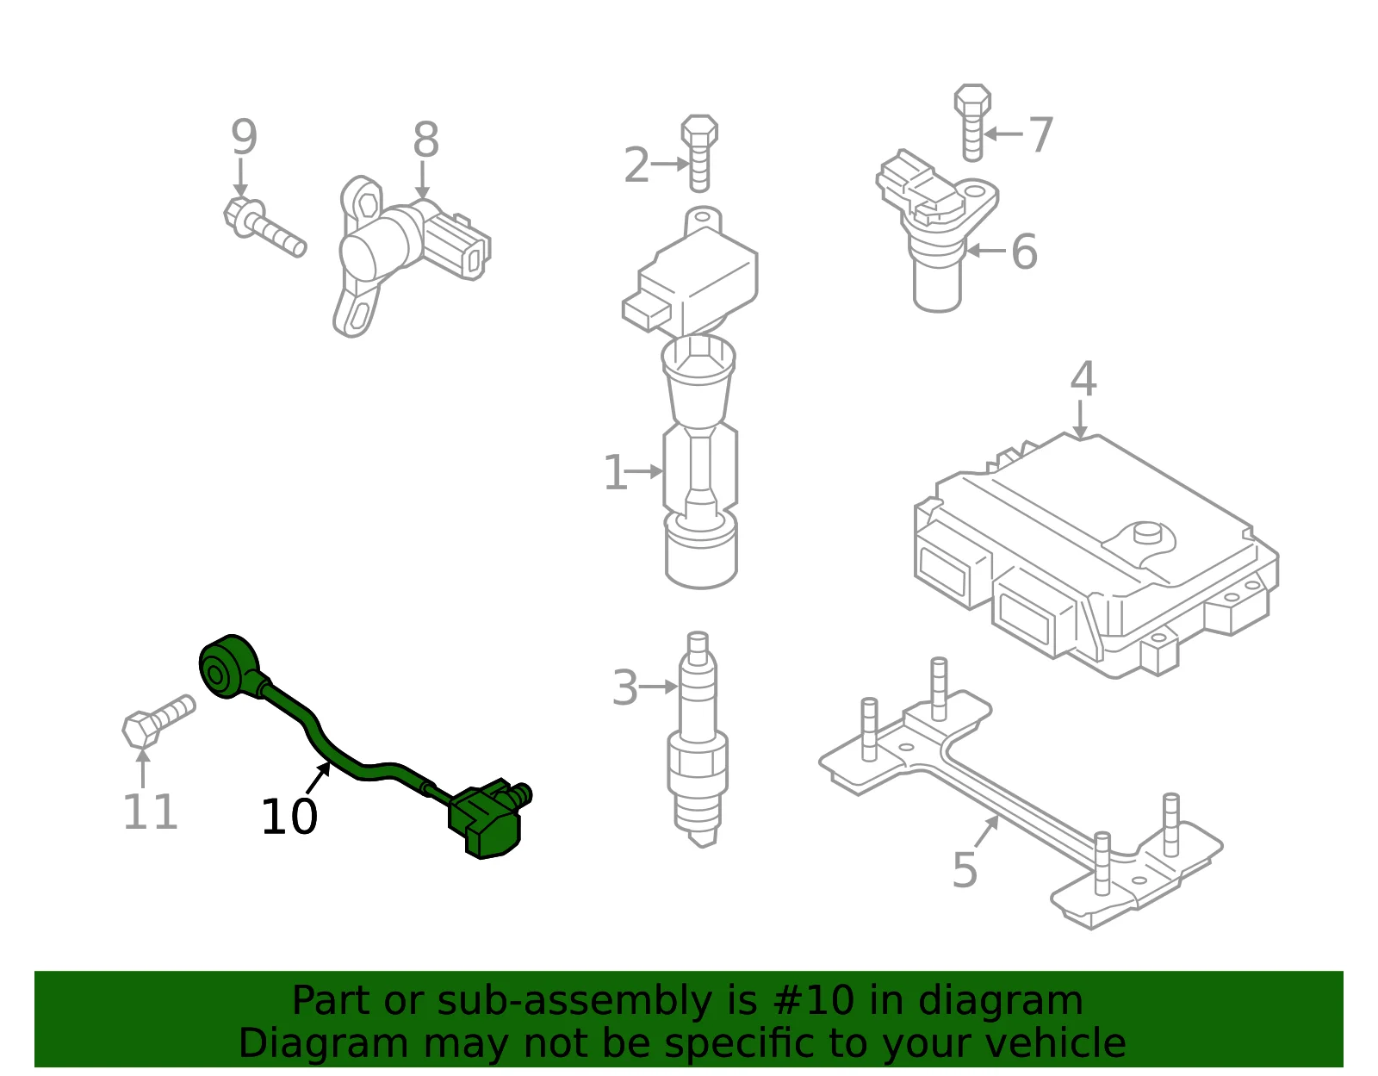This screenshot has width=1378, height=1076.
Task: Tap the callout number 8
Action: pyautogui.click(x=425, y=140)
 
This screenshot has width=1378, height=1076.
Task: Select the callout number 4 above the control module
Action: pyautogui.click(x=1083, y=379)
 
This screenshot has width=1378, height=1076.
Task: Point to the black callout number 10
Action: pyautogui.click(x=289, y=817)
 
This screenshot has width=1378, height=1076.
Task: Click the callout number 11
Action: pyautogui.click(x=150, y=812)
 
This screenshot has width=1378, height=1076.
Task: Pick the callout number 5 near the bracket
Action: pyautogui.click(x=965, y=870)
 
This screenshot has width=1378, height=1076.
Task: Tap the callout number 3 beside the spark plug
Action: pyautogui.click(x=625, y=687)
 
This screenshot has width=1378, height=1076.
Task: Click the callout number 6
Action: pyautogui.click(x=1024, y=252)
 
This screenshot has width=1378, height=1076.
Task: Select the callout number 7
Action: pyautogui.click(x=1040, y=134)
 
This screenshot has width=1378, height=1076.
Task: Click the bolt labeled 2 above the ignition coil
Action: pyautogui.click(x=699, y=153)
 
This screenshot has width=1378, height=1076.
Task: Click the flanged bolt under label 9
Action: pyautogui.click(x=264, y=227)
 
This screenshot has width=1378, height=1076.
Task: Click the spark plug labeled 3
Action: pyautogui.click(x=698, y=740)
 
